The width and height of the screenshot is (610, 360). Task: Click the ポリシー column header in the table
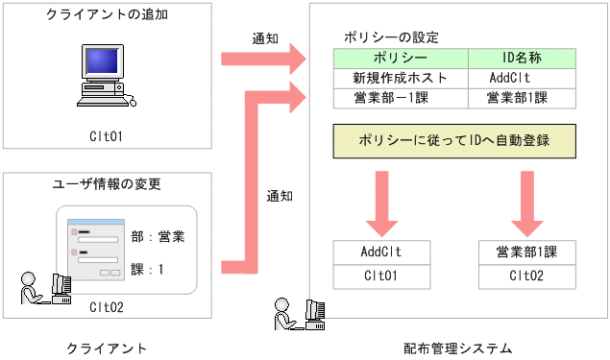pyautogui.click(x=401, y=60)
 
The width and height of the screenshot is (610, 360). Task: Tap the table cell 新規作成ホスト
pyautogui.click(x=401, y=79)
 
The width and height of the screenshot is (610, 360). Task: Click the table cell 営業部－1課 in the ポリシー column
pyautogui.click(x=401, y=97)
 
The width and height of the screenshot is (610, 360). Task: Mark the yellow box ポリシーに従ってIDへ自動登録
pyautogui.click(x=453, y=140)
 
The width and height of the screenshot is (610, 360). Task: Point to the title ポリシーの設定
pyautogui.click(x=392, y=36)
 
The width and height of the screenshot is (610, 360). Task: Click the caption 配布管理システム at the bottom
pyautogui.click(x=458, y=347)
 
